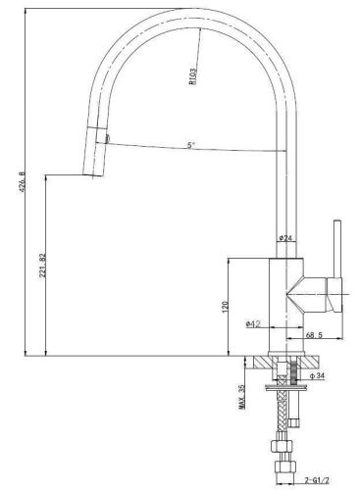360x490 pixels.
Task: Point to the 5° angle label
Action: (189, 146)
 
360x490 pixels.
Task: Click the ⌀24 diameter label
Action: (284, 238)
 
